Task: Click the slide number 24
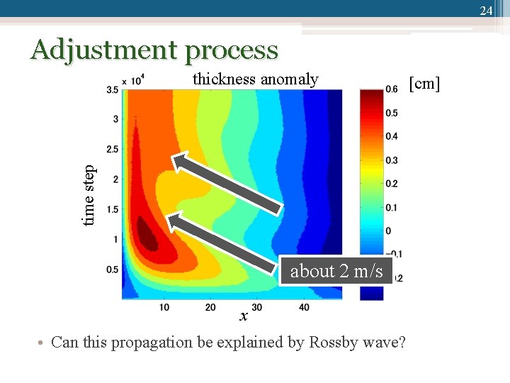(x=486, y=11)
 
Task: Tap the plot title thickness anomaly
(x=255, y=79)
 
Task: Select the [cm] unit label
(x=424, y=84)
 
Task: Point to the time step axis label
(x=89, y=196)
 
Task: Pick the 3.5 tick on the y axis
(x=113, y=90)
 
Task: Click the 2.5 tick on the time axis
(x=113, y=150)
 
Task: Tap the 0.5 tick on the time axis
(x=113, y=270)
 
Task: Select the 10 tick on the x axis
(x=164, y=307)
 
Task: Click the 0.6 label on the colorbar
(x=391, y=89)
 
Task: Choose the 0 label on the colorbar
(x=387, y=231)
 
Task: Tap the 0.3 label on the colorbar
(x=391, y=160)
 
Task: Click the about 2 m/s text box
(x=336, y=271)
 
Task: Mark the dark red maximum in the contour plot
(x=147, y=233)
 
